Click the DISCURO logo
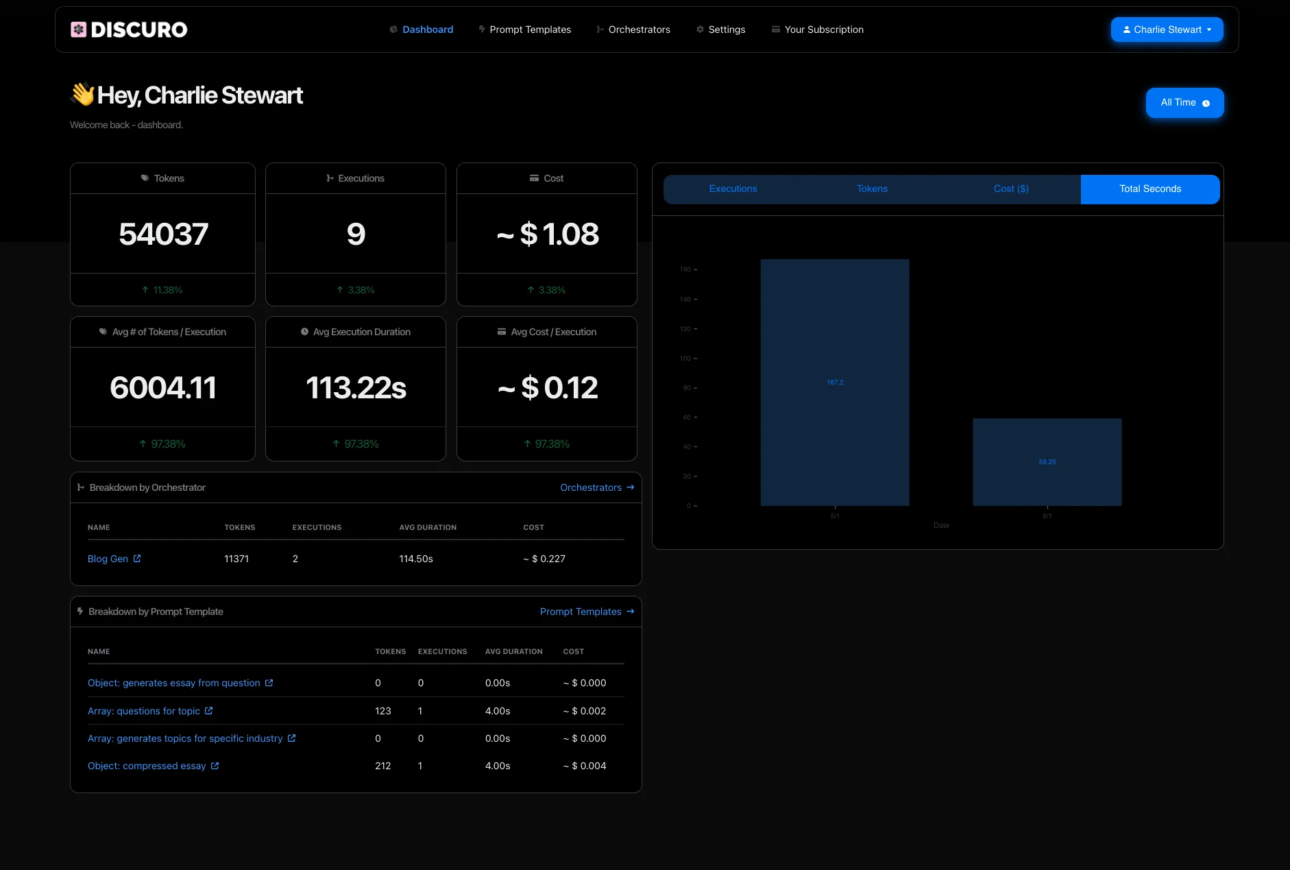point(129,29)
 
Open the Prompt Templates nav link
point(530,29)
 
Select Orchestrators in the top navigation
point(639,29)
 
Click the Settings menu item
point(727,29)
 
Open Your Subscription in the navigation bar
point(823,29)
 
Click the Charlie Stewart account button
point(1167,29)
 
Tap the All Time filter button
point(1184,103)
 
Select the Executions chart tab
point(733,189)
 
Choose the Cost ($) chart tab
point(1011,189)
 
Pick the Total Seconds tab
point(1150,189)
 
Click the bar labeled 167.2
point(835,383)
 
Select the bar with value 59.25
point(1047,462)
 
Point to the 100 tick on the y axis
point(685,359)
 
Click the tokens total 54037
point(163,234)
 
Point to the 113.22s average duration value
point(356,388)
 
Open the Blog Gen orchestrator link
point(108,559)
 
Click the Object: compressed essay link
point(147,766)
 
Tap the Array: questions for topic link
point(144,711)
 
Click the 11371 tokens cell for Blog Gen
point(236,559)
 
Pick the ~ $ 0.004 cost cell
point(585,766)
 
